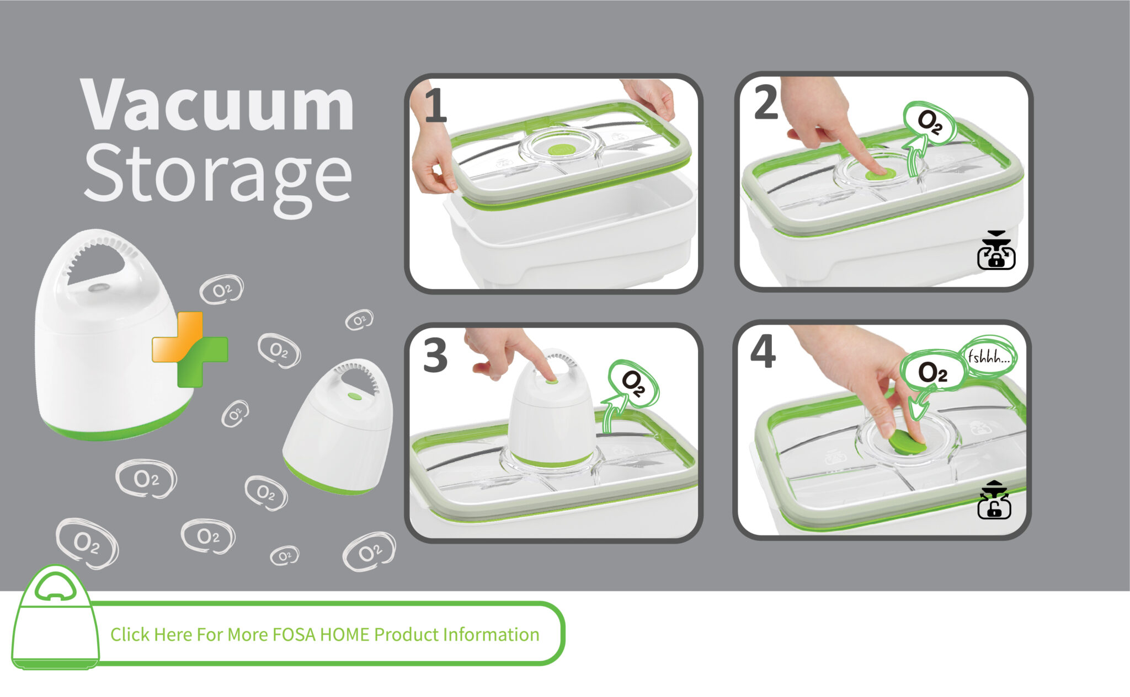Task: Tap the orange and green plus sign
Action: click(189, 349)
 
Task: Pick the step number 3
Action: click(435, 356)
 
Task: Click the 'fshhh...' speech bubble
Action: click(989, 357)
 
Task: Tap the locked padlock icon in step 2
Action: click(996, 250)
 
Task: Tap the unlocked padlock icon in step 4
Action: click(994, 500)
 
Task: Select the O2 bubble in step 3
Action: click(633, 383)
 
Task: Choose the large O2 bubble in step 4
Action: click(932, 373)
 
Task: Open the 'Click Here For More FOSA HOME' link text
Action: click(325, 635)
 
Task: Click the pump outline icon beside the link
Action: click(55, 617)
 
